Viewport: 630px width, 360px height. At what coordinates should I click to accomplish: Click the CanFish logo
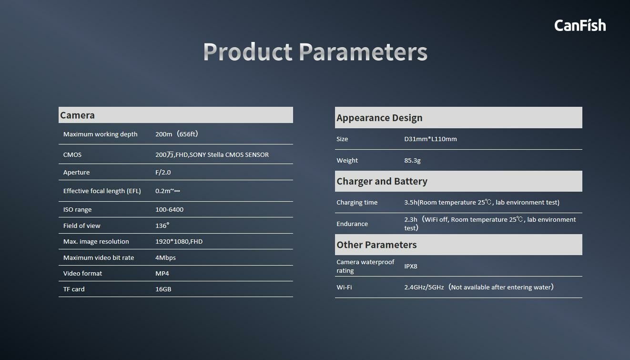pyautogui.click(x=580, y=25)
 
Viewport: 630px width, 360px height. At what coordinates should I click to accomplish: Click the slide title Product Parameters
pyautogui.click(x=315, y=52)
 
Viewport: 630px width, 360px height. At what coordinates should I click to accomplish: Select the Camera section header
pyautogui.click(x=77, y=115)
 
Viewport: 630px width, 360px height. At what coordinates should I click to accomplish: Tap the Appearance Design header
pyautogui.click(x=379, y=118)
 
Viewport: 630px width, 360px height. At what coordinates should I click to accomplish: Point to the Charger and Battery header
pyautogui.click(x=382, y=181)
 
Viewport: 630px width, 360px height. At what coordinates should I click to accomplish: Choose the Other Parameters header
pyautogui.click(x=376, y=245)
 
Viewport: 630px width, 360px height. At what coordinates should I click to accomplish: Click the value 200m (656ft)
pyautogui.click(x=177, y=134)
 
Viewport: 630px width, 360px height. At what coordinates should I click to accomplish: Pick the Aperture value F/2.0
pyautogui.click(x=163, y=172)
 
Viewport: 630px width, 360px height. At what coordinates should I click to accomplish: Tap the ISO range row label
pyautogui.click(x=77, y=210)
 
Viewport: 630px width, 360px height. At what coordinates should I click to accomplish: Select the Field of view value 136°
pyautogui.click(x=163, y=226)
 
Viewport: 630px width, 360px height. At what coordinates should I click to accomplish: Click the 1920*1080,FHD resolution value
pyautogui.click(x=179, y=241)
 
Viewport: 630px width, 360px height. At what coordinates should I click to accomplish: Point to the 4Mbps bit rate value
pyautogui.click(x=165, y=257)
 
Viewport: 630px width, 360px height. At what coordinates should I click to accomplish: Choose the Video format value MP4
pyautogui.click(x=162, y=273)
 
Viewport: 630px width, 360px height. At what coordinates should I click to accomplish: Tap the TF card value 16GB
pyautogui.click(x=163, y=289)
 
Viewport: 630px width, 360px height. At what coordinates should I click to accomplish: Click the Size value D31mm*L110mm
pyautogui.click(x=430, y=139)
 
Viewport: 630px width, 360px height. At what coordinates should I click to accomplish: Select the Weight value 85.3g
pyautogui.click(x=412, y=160)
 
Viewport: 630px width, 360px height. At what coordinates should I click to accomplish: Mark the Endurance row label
pyautogui.click(x=352, y=224)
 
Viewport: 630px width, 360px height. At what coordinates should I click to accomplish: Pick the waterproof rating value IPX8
pyautogui.click(x=411, y=266)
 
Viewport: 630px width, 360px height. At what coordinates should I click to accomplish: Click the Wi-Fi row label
pyautogui.click(x=344, y=287)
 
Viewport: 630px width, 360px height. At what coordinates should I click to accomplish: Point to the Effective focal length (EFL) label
pyautogui.click(x=102, y=191)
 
